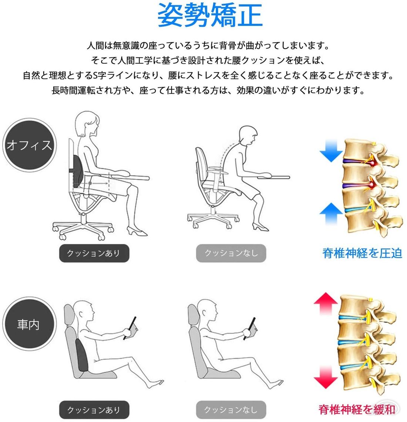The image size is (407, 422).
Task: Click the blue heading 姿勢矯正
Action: (210, 15)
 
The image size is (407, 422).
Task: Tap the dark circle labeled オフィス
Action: (29, 145)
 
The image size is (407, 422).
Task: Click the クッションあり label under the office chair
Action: (94, 253)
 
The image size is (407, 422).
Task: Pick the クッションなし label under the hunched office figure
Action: (231, 253)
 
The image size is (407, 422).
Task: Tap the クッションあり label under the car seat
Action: (94, 410)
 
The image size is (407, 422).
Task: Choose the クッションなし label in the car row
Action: (231, 410)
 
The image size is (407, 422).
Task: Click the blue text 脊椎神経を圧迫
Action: (362, 253)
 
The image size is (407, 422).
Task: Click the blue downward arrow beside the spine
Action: (331, 150)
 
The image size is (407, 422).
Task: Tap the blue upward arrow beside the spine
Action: (331, 213)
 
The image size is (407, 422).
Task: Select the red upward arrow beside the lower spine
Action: (326, 303)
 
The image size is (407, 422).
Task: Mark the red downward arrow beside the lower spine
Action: (326, 377)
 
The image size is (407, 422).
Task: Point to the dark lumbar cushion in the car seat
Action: (82, 355)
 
